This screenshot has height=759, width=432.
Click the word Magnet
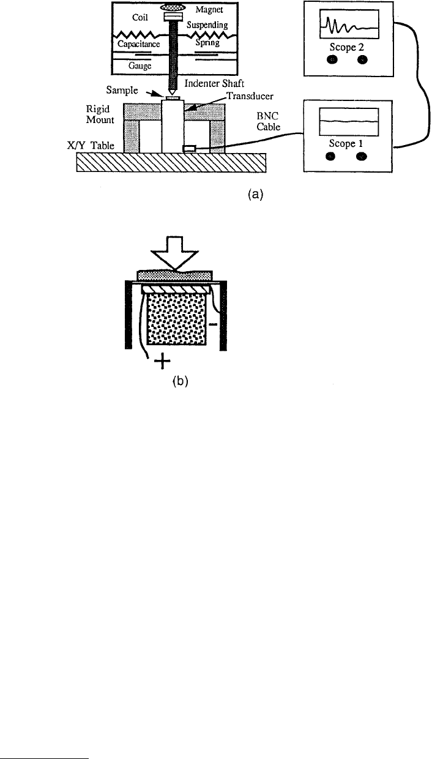point(209,10)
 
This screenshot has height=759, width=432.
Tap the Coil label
point(140,17)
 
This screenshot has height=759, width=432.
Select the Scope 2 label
point(346,47)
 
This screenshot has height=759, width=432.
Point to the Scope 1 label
point(346,143)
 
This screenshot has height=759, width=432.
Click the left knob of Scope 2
point(332,59)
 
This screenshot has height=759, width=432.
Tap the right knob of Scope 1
point(362,157)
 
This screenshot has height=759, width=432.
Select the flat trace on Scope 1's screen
point(349,121)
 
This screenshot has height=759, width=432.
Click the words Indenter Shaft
point(214,83)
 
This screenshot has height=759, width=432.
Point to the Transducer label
point(250,96)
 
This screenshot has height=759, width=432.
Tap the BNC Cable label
point(268,121)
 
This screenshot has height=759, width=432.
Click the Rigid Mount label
point(100,114)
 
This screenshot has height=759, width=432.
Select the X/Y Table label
point(91,146)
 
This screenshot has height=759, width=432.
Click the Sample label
point(122,90)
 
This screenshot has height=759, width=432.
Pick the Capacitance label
point(138,44)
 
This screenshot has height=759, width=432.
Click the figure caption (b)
point(181,381)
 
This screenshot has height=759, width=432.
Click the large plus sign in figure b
point(162,361)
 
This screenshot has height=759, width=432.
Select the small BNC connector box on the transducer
point(190,148)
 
